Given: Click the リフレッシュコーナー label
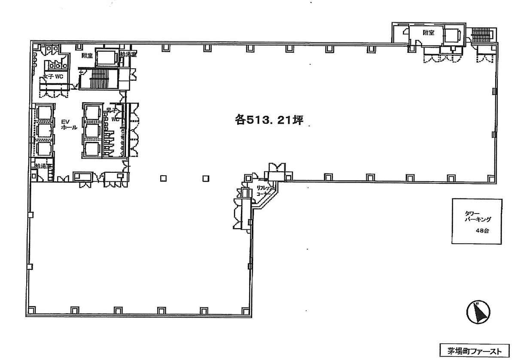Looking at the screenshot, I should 263,191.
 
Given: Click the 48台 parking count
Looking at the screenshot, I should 482,231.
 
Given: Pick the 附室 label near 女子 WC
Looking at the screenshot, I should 88,56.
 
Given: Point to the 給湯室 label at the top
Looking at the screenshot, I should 128,55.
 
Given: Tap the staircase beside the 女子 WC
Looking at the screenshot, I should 98,79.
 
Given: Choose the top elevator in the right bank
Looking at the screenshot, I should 93,113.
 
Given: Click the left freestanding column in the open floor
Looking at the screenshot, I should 164,178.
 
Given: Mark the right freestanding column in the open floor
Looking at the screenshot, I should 205,178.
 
